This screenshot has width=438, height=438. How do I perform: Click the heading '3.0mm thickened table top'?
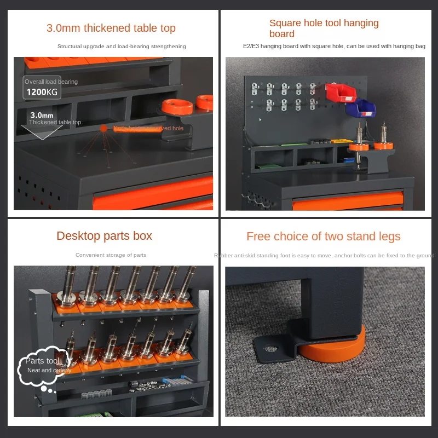[111, 28]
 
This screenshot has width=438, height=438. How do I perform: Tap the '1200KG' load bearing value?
[42, 91]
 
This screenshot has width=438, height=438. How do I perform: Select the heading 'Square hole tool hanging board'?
[324, 28]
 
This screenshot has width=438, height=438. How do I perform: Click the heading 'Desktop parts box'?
[104, 236]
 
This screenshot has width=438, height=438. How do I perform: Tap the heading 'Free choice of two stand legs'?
[323, 237]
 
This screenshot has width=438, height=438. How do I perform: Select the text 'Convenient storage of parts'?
[111, 255]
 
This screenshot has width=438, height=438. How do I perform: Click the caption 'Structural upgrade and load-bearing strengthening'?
[122, 47]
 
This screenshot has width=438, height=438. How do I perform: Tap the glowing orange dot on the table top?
[103, 128]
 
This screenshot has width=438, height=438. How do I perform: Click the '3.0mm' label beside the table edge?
[42, 115]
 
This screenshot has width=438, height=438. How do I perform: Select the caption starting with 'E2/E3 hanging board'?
[334, 47]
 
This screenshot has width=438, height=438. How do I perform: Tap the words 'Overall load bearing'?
[51, 82]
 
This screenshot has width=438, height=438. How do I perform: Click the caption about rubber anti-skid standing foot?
[324, 255]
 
